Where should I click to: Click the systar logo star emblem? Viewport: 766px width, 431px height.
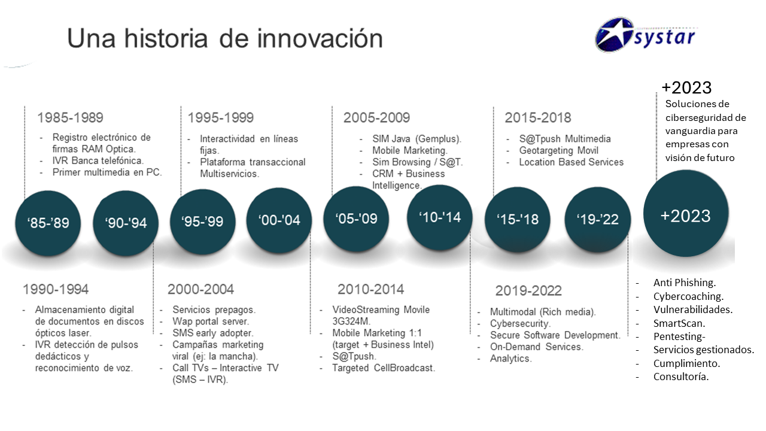(x=615, y=35)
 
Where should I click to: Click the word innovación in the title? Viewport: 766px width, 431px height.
(x=320, y=38)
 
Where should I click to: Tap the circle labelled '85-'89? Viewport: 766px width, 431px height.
(x=48, y=223)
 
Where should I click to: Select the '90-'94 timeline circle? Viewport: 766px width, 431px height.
(x=126, y=223)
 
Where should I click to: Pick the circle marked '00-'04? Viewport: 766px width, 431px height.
(x=279, y=220)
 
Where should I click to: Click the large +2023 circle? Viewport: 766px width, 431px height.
(x=686, y=213)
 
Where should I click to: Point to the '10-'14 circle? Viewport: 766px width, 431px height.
(x=440, y=217)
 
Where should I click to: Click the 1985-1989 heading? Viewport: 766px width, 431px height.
(x=70, y=118)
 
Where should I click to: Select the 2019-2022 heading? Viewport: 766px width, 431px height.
(x=528, y=291)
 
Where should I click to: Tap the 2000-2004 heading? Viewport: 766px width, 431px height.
(x=200, y=289)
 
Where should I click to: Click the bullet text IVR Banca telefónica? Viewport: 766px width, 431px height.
(x=98, y=161)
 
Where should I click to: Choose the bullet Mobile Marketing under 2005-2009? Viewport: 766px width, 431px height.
(x=410, y=150)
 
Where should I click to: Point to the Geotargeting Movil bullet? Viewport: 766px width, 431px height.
(x=559, y=150)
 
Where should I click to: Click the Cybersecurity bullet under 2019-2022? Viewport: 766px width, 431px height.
(x=520, y=324)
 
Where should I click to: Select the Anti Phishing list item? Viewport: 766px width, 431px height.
(x=685, y=283)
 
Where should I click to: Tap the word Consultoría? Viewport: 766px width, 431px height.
(x=681, y=377)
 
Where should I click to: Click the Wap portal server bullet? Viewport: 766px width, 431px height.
(x=211, y=321)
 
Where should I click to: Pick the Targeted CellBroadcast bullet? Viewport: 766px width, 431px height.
(x=384, y=368)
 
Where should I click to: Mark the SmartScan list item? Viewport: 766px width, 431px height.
(x=679, y=323)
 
